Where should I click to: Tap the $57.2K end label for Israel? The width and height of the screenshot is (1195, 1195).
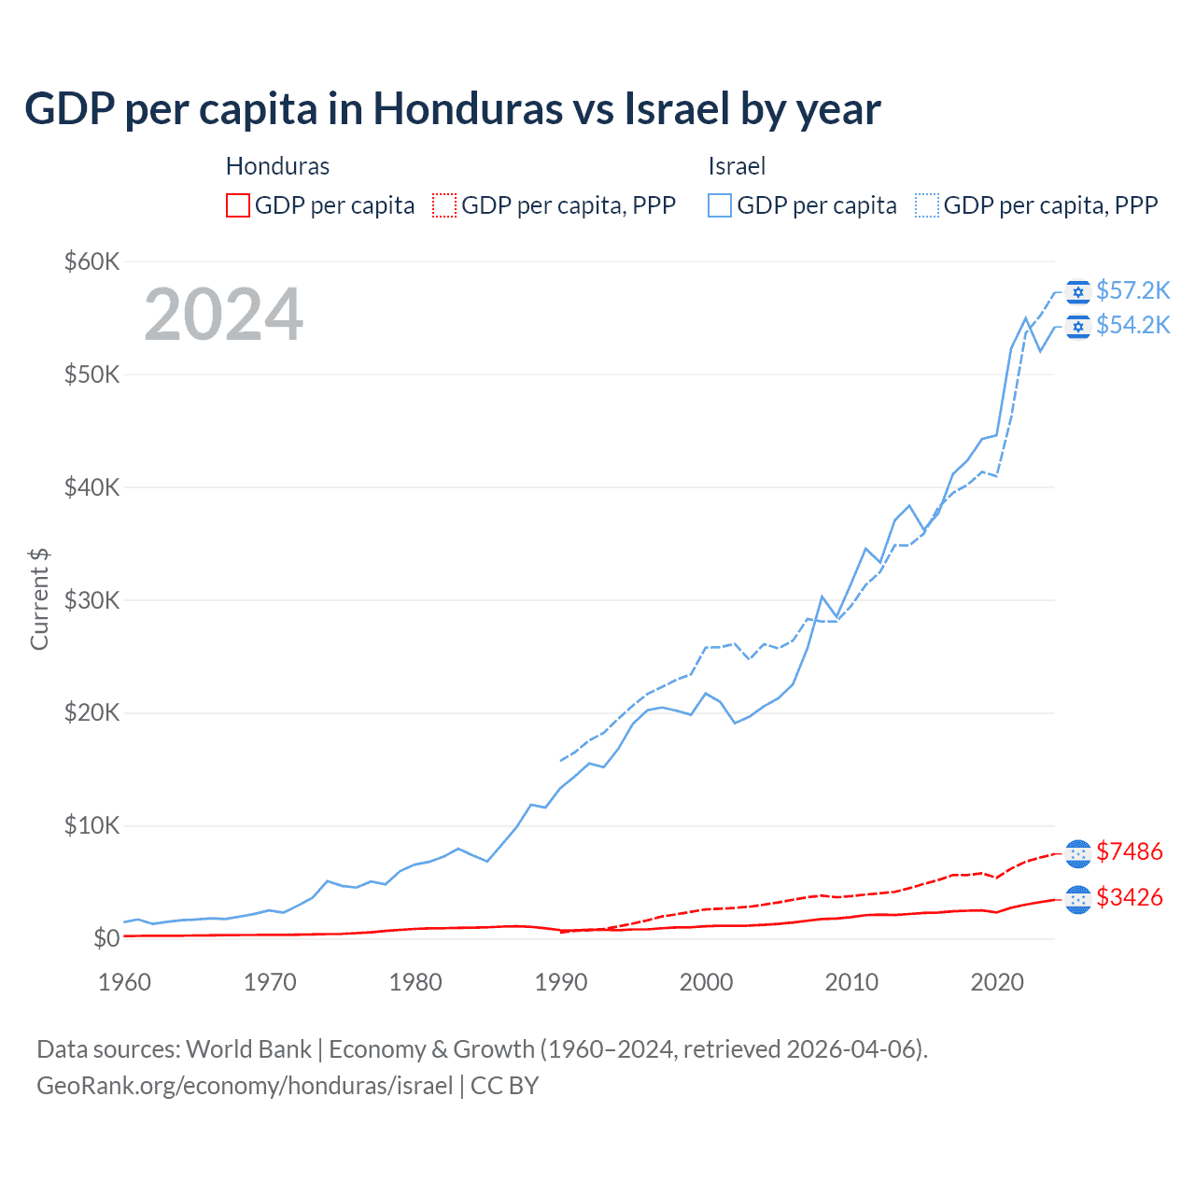click(1132, 290)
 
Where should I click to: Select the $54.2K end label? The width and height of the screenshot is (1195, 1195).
click(1132, 325)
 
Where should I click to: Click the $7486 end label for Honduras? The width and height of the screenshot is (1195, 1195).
click(1129, 851)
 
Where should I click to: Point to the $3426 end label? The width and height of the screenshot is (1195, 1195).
click(1129, 897)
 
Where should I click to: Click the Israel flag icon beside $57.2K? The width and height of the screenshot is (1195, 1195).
click(1078, 292)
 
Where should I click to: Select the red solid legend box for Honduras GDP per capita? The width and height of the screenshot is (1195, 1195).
click(238, 205)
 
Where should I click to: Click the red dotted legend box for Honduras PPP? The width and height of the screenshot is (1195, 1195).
click(445, 205)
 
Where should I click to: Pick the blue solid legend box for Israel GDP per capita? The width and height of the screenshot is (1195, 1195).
click(720, 205)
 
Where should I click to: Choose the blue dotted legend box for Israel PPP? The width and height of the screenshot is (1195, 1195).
click(927, 205)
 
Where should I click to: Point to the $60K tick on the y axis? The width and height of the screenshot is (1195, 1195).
click(91, 261)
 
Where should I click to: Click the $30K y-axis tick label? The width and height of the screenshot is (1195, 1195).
click(91, 600)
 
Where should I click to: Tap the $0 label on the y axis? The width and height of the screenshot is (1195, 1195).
click(105, 938)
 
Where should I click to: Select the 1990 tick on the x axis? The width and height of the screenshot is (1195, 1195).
click(561, 982)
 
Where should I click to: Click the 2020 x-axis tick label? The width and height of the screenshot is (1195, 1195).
click(997, 982)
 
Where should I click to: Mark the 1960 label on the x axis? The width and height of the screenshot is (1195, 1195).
click(125, 982)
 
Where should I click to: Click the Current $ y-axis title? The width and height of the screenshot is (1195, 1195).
click(39, 599)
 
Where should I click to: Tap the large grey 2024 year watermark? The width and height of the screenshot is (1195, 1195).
click(223, 315)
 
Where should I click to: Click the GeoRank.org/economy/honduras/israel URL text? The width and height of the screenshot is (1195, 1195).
click(245, 1086)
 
